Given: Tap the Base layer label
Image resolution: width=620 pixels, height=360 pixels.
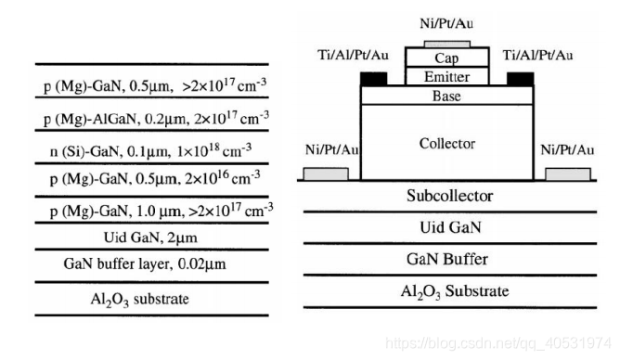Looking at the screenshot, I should (x=447, y=95).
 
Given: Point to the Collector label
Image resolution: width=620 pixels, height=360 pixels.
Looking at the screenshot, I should (x=447, y=144).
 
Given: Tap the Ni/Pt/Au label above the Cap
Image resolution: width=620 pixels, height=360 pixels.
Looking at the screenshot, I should (x=447, y=21).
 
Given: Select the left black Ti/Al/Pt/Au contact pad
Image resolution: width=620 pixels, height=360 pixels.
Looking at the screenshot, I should (x=372, y=78).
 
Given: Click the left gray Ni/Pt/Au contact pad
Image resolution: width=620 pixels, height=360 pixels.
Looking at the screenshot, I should (x=326, y=174).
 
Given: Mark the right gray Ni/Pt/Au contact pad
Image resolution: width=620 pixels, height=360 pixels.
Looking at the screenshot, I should (x=569, y=174).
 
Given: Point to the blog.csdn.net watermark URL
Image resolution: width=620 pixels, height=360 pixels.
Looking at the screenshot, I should (x=501, y=342).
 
